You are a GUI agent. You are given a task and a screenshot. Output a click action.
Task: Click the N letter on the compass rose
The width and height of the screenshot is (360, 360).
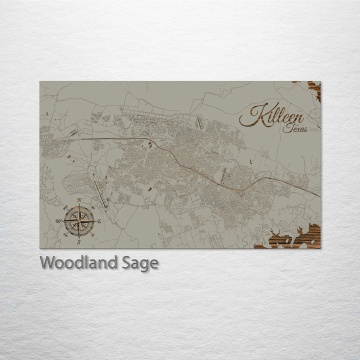(x=79, y=199)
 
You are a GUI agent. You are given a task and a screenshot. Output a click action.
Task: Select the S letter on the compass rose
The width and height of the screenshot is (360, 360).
(x=79, y=242)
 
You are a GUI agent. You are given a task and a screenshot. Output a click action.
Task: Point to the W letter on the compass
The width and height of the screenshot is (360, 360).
(x=58, y=221)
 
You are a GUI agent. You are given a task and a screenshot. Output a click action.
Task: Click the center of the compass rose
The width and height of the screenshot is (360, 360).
(x=79, y=220)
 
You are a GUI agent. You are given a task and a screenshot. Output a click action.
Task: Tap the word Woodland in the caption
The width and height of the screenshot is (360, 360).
(x=79, y=262)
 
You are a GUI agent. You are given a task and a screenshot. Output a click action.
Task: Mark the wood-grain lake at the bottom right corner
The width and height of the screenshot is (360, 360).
(x=295, y=238)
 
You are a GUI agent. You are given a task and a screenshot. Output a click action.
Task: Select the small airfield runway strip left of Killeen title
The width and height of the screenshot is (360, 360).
(x=198, y=122)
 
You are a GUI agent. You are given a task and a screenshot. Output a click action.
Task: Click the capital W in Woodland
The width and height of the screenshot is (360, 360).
(x=47, y=262)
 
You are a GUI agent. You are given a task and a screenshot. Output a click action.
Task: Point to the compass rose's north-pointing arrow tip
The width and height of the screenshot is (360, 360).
(x=79, y=204)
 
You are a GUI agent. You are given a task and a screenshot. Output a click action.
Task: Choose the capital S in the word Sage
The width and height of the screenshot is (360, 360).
(x=127, y=262)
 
